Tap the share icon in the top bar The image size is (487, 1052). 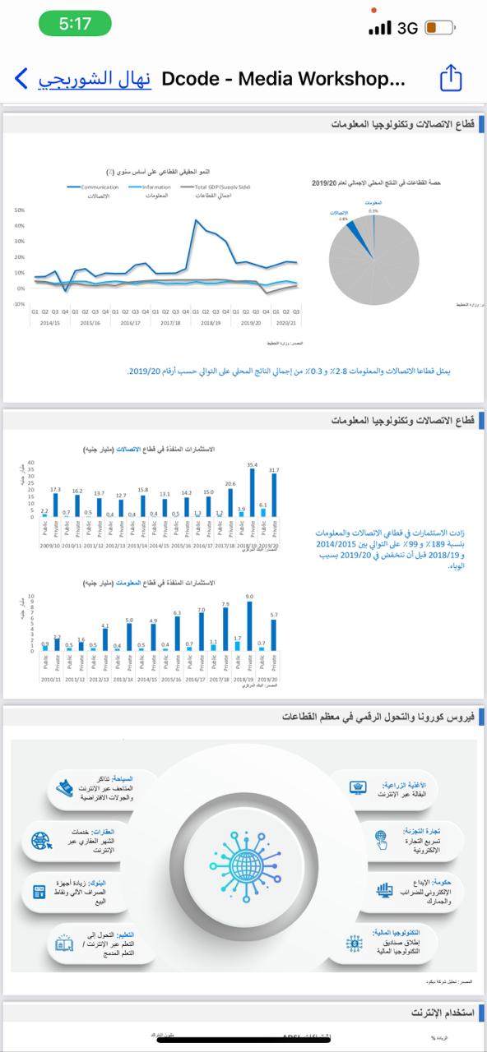[452, 79]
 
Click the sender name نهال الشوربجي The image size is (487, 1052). [95, 79]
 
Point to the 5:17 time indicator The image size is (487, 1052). [76, 25]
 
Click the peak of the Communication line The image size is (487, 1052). [196, 220]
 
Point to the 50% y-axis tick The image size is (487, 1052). [19, 210]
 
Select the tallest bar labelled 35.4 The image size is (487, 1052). [253, 492]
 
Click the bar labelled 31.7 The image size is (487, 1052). [274, 495]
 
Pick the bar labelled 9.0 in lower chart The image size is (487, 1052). [249, 625]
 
